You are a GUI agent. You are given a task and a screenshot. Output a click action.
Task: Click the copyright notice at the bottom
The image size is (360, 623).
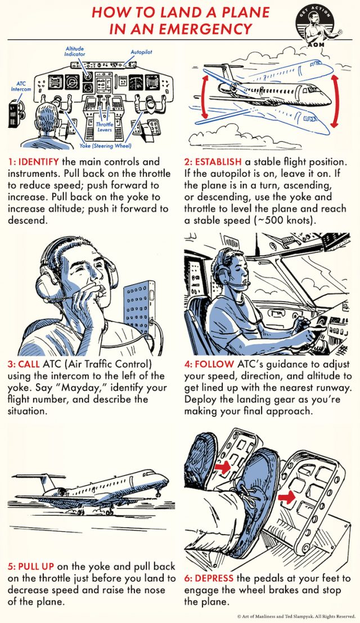click(x=297, y=616)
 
